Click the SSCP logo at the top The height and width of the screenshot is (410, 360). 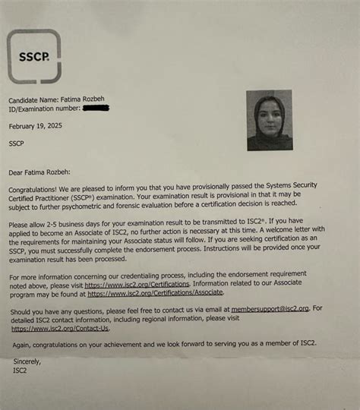33,56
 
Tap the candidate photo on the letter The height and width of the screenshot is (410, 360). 269,120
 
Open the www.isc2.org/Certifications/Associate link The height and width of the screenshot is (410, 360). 155,292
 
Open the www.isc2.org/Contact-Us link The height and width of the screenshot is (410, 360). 61,329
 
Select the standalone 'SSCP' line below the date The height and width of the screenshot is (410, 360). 17,142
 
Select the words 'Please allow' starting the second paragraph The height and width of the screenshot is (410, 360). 30,225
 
